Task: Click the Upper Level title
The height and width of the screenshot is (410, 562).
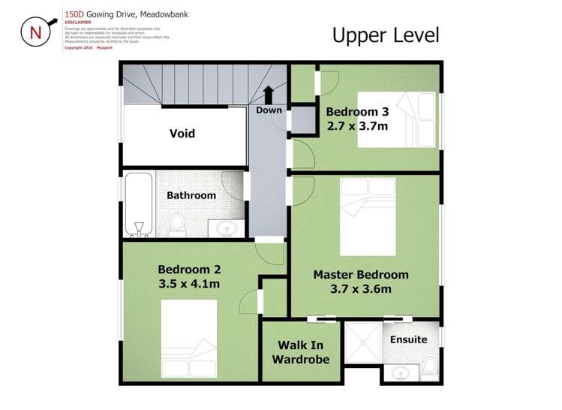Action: tap(385, 35)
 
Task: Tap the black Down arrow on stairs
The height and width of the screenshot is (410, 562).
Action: tap(269, 95)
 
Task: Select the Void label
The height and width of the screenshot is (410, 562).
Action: tap(182, 134)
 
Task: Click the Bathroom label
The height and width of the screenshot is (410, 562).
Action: tap(191, 195)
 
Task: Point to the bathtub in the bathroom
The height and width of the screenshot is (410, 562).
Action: tap(139, 203)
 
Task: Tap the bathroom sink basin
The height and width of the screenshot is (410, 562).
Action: tap(227, 227)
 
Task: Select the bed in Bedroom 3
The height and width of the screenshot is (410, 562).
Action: tap(395, 119)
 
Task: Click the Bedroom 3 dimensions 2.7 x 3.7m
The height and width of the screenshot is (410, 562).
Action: tap(357, 126)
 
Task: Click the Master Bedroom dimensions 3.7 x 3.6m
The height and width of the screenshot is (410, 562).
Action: tap(361, 289)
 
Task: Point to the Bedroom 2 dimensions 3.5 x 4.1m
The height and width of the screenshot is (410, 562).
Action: tap(189, 284)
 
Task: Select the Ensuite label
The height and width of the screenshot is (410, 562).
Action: tap(408, 339)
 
